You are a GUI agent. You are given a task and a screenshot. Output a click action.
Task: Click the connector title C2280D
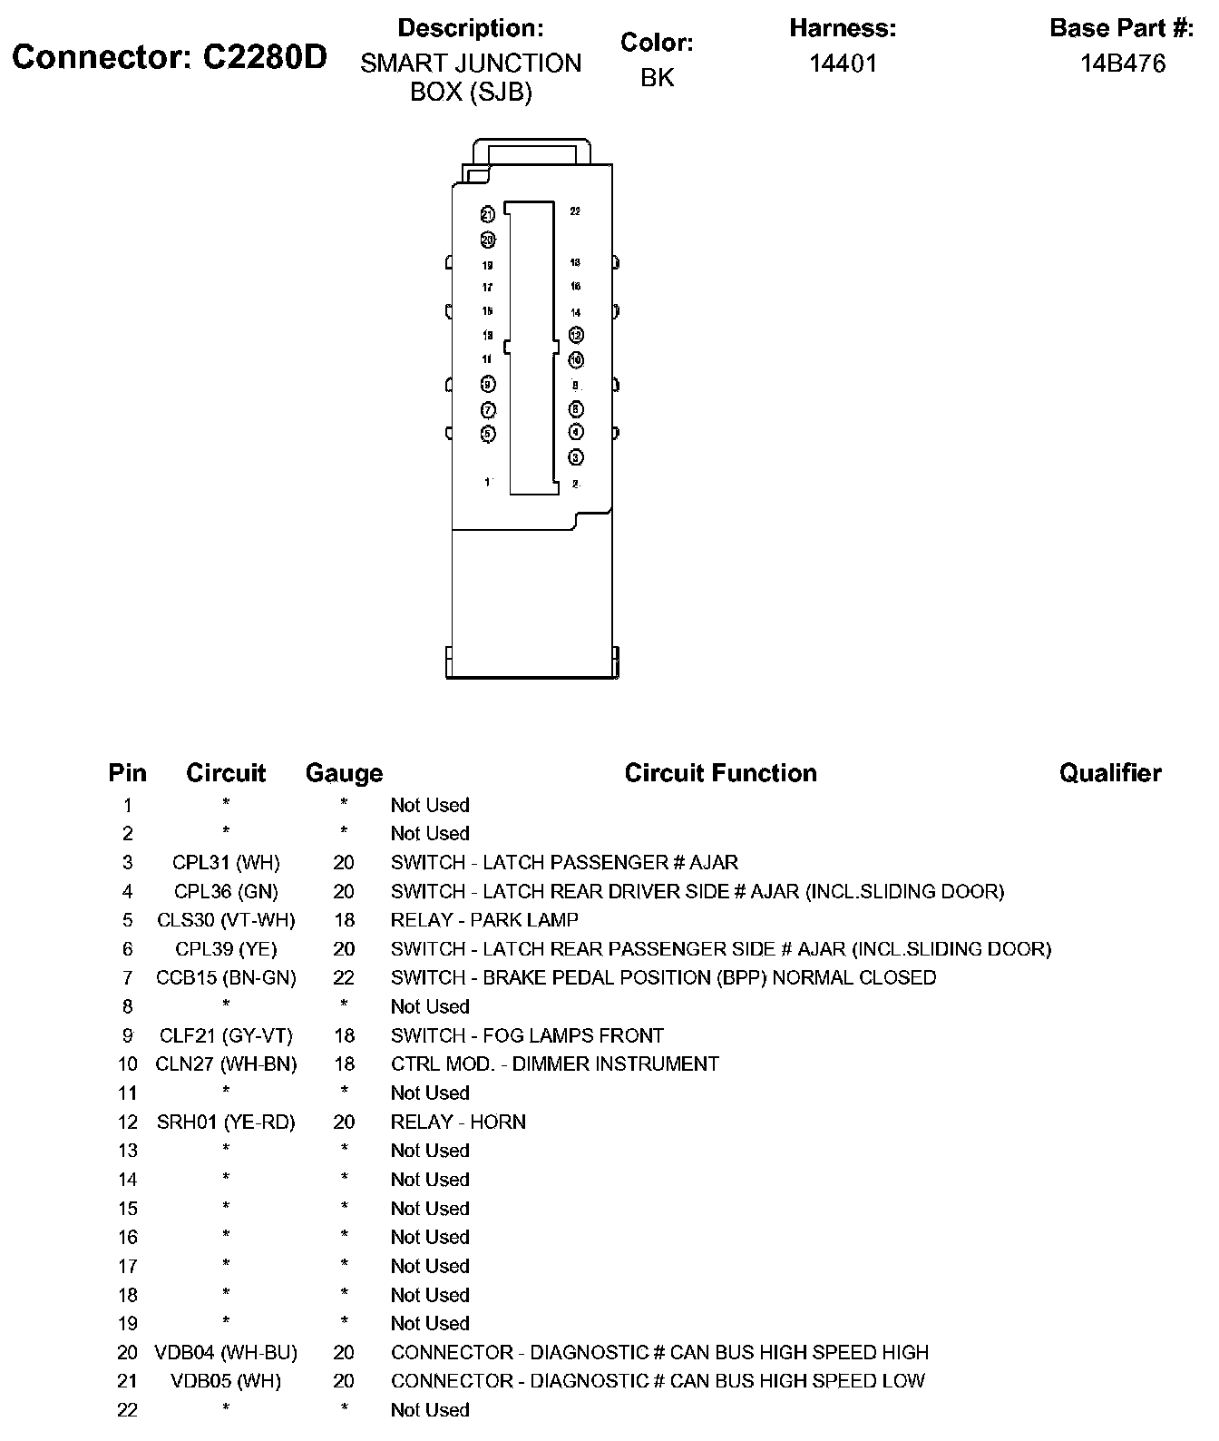pyautogui.click(x=170, y=57)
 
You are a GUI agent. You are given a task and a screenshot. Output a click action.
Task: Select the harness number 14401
pyautogui.click(x=843, y=64)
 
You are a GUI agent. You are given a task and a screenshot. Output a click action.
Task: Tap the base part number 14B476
pyautogui.click(x=1122, y=64)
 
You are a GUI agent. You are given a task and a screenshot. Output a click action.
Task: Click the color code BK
pyautogui.click(x=657, y=78)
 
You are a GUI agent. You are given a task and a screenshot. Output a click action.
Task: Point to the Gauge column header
pyautogui.click(x=344, y=773)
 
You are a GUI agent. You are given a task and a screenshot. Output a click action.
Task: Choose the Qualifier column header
pyautogui.click(x=1109, y=773)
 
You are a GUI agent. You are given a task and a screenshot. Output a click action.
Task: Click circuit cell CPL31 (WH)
pyautogui.click(x=226, y=862)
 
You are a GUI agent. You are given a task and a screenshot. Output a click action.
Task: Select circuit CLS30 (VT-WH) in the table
pyautogui.click(x=226, y=920)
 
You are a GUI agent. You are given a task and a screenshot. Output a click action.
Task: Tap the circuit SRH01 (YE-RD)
pyautogui.click(x=226, y=1122)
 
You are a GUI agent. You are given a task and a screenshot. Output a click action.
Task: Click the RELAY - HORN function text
pyautogui.click(x=458, y=1122)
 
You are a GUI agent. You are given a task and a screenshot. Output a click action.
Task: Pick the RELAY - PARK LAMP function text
pyautogui.click(x=484, y=920)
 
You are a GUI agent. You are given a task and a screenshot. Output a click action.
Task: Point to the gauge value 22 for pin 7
pyautogui.click(x=344, y=977)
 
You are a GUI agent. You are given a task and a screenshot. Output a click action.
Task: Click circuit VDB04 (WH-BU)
pyautogui.click(x=226, y=1352)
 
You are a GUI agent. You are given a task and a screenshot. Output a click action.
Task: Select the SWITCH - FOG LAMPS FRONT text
pyautogui.click(x=527, y=1035)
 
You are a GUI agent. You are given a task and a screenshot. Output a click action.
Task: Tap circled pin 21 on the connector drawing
pyautogui.click(x=487, y=215)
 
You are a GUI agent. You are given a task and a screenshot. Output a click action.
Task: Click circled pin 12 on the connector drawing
pyautogui.click(x=576, y=336)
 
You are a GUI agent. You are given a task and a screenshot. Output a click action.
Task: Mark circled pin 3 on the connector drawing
pyautogui.click(x=576, y=457)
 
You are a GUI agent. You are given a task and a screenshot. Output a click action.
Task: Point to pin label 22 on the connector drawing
pyautogui.click(x=575, y=211)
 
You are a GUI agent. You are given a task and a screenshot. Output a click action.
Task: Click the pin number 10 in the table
pyautogui.click(x=127, y=1064)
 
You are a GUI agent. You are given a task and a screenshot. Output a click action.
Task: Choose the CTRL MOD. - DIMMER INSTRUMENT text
pyautogui.click(x=554, y=1064)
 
